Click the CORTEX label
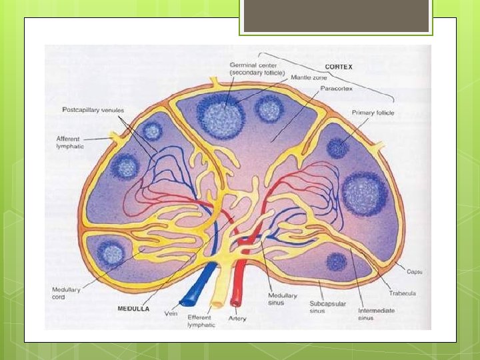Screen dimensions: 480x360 pos(339,67)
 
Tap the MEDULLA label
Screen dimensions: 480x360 pos(133,309)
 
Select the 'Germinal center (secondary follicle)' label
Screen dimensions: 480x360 pos(257,68)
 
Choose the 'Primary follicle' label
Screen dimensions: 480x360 pos(373,113)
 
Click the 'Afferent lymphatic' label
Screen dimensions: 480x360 pos(70,143)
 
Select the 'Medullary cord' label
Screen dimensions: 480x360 pos(67,293)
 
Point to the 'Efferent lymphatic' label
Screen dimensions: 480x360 pos(200,322)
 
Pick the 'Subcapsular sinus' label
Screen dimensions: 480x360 pos(326,306)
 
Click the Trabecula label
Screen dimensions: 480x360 pos(403,293)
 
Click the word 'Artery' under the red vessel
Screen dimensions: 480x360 pos(237,319)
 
